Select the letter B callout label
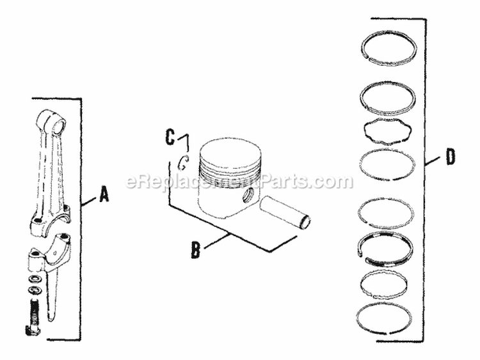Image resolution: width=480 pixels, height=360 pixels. (196, 249)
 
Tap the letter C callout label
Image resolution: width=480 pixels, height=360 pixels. (170, 136)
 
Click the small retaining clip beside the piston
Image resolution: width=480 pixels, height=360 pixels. (182, 162)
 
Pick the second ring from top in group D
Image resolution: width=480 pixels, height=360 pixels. (389, 97)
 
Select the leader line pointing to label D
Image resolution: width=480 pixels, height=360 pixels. (435, 160)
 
